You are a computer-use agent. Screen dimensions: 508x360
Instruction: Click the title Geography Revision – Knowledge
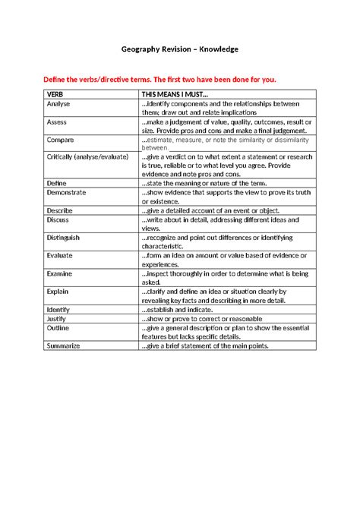[x=180, y=49]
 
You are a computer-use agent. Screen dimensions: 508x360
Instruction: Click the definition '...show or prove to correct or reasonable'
[x=200, y=319]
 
